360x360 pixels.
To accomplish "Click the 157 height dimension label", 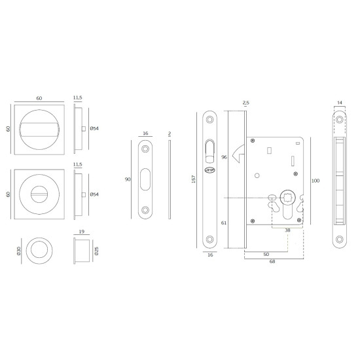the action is pyautogui.click(x=193, y=179).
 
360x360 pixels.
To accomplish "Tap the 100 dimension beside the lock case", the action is pyautogui.click(x=315, y=181).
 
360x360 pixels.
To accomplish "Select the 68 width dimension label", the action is pyautogui.click(x=272, y=261).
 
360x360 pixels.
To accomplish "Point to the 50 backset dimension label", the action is pyautogui.click(x=266, y=254).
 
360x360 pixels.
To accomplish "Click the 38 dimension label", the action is pyautogui.click(x=287, y=230).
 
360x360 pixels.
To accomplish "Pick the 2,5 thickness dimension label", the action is pyautogui.click(x=246, y=103).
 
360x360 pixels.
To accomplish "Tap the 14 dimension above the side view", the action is pyautogui.click(x=340, y=103).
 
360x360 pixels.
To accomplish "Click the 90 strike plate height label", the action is pyautogui.click(x=128, y=179).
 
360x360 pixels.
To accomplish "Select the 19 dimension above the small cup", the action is pyautogui.click(x=82, y=232).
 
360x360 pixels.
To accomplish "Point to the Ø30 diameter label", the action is pyautogui.click(x=19, y=251).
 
